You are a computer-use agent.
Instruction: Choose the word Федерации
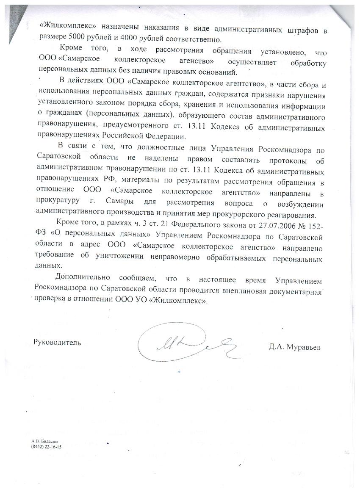click(x=165, y=137)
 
